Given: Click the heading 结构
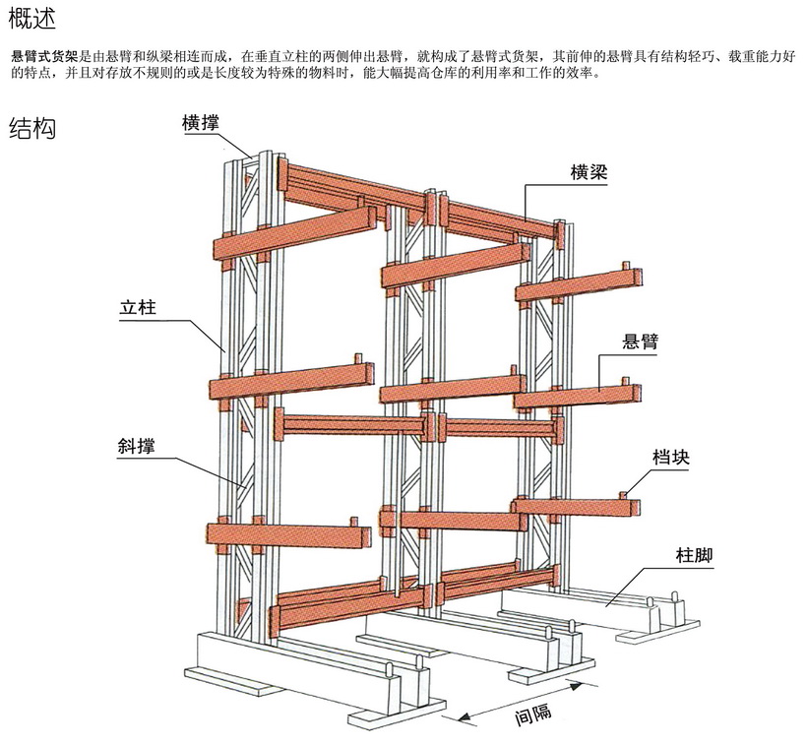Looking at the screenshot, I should tap(31, 129).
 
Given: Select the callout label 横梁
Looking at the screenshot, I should tap(589, 172).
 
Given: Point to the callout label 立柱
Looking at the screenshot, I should tap(139, 308).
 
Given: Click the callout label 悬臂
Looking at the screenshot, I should tap(641, 342).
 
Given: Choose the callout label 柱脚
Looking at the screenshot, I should tap(695, 556).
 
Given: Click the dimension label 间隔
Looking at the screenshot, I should tap(532, 716).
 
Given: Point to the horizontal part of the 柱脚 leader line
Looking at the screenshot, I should tap(675, 569).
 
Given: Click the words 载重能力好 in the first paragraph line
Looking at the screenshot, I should tap(763, 57).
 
